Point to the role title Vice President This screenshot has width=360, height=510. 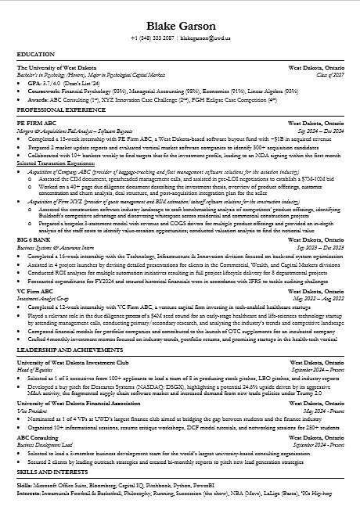click(x=31, y=411)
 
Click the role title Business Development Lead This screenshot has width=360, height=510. click(x=46, y=447)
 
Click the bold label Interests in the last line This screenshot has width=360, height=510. click(x=31, y=493)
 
